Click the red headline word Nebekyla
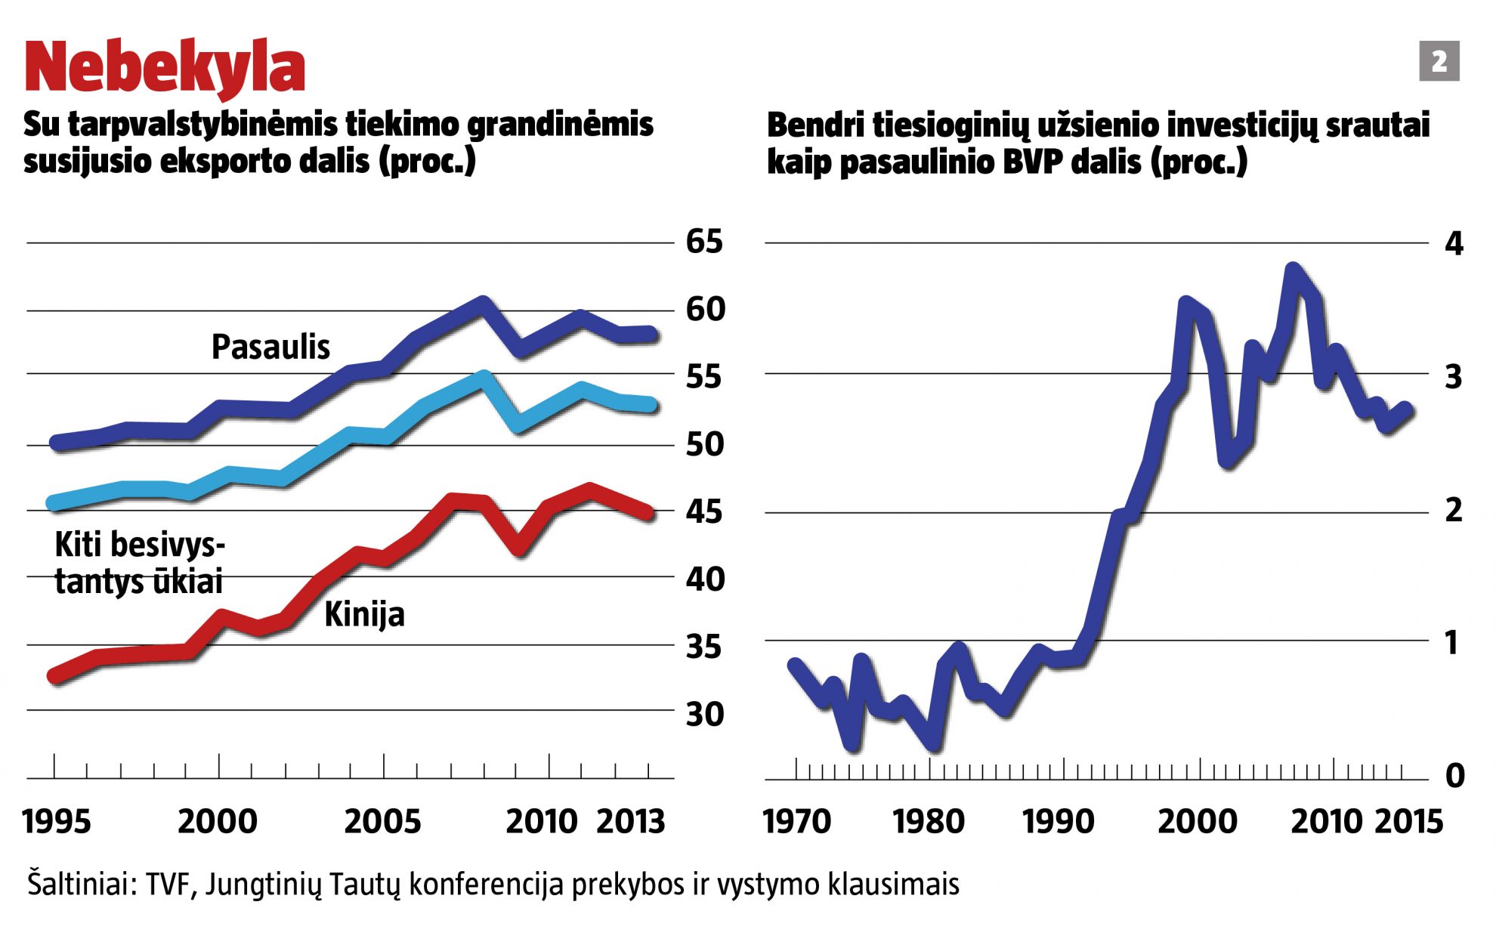coord(165,68)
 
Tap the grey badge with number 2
coord(1439,61)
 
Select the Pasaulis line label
coord(270,348)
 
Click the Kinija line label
coord(364,615)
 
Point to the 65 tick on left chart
coord(704,242)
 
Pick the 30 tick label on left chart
coord(704,714)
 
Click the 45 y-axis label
coord(704,512)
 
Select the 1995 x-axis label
coord(57,822)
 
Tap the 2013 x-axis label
coord(631,822)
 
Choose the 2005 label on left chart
coord(382,822)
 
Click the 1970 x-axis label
coord(797,822)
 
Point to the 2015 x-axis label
coord(1408,822)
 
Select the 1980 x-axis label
coord(929,822)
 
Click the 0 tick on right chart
coord(1454,776)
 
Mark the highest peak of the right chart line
coord(1293,270)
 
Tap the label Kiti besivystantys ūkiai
coord(140,564)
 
